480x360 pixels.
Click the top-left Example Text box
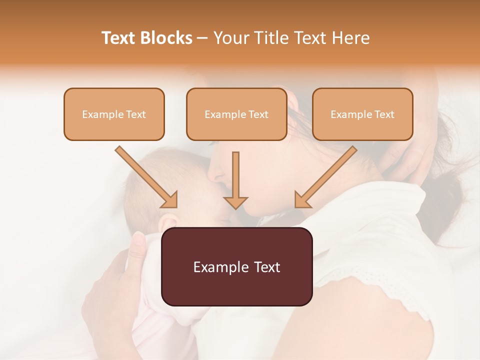tap(114, 114)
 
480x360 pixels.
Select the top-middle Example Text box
tap(236, 114)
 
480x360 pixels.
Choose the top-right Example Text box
tap(362, 114)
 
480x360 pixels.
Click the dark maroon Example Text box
tap(236, 266)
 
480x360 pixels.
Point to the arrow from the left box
tap(147, 177)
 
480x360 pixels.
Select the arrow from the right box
tap(325, 177)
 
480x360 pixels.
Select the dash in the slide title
tap(203, 38)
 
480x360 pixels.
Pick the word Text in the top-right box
tap(384, 114)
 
